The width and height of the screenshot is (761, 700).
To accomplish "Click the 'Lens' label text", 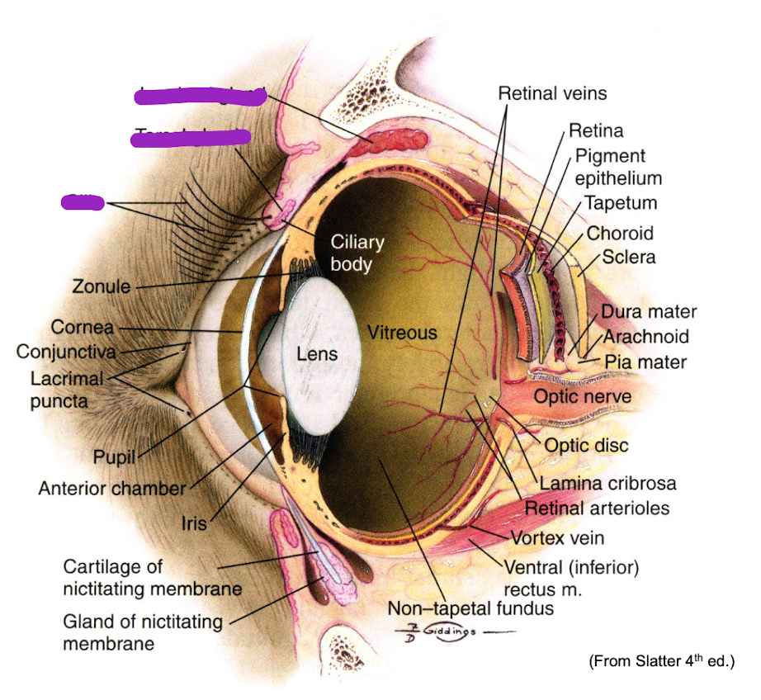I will tap(318, 354).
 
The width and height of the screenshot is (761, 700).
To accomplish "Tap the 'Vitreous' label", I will tap(402, 333).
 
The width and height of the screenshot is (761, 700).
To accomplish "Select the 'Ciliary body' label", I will tap(357, 253).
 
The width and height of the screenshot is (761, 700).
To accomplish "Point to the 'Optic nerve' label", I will tap(583, 397).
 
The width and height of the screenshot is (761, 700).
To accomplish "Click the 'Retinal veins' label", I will tap(552, 93).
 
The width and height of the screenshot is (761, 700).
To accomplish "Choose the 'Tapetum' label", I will tap(622, 203).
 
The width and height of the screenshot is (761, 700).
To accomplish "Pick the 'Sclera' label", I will tap(629, 257).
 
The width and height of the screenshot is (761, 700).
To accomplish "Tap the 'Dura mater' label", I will tap(649, 312).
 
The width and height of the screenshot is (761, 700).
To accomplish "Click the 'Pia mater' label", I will tap(645, 362).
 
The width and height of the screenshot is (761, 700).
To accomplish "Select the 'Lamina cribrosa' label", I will tap(608, 484).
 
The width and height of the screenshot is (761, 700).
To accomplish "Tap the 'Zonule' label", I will tap(102, 287).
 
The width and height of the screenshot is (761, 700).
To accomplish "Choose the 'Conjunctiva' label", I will tap(66, 352).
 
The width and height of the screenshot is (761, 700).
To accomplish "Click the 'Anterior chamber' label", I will tap(112, 489).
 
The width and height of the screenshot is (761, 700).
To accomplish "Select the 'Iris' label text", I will tap(194, 523).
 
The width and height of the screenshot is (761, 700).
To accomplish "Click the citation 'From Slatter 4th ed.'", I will tap(661, 662).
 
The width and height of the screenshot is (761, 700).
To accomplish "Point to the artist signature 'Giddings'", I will tap(447, 631).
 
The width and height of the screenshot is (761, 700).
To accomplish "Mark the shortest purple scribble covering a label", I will tap(83, 201).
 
